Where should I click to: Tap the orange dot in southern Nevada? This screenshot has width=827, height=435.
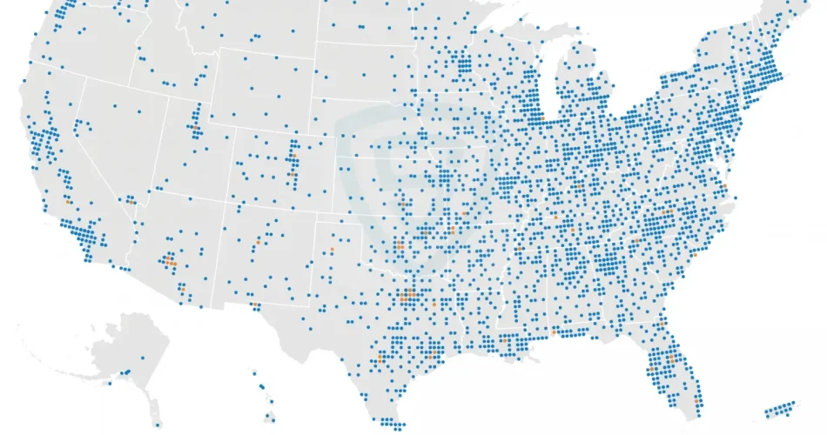[129, 199]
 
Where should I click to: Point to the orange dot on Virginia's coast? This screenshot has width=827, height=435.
[724, 186]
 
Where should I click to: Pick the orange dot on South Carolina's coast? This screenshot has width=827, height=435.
[694, 254]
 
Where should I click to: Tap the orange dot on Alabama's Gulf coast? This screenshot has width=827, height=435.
[554, 331]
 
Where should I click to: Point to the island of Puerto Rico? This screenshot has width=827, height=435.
[780, 409]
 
